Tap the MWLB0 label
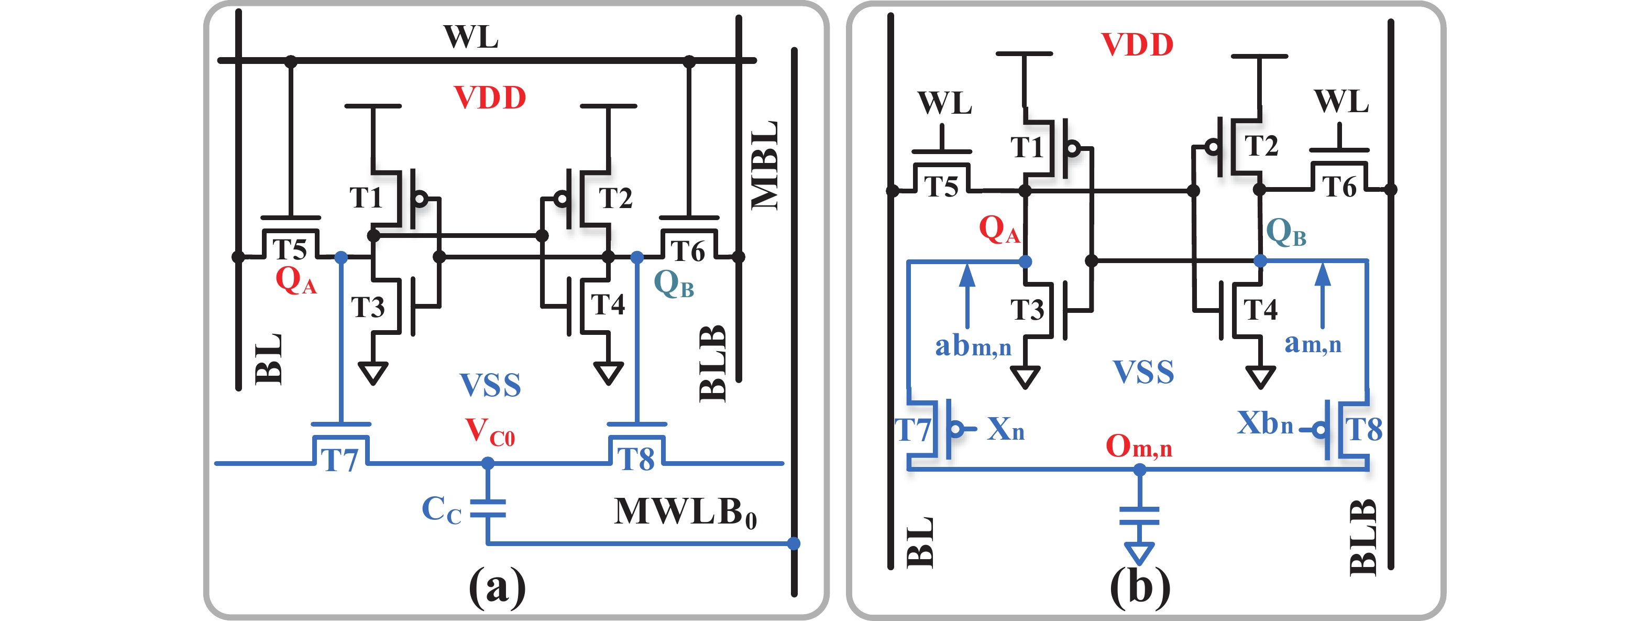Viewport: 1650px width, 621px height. click(685, 513)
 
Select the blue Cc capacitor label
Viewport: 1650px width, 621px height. click(442, 510)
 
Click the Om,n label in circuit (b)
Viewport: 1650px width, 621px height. click(1138, 446)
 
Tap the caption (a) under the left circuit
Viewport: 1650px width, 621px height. click(497, 586)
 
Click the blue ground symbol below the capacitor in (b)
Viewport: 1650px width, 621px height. click(1139, 552)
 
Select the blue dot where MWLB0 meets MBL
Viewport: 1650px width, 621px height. click(794, 543)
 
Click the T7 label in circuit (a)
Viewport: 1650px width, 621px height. click(339, 460)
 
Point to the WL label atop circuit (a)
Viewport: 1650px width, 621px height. click(471, 37)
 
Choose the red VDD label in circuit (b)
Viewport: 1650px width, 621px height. click(1137, 45)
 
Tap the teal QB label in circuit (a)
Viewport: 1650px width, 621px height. click(673, 284)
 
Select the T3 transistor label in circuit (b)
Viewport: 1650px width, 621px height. click(1027, 310)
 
